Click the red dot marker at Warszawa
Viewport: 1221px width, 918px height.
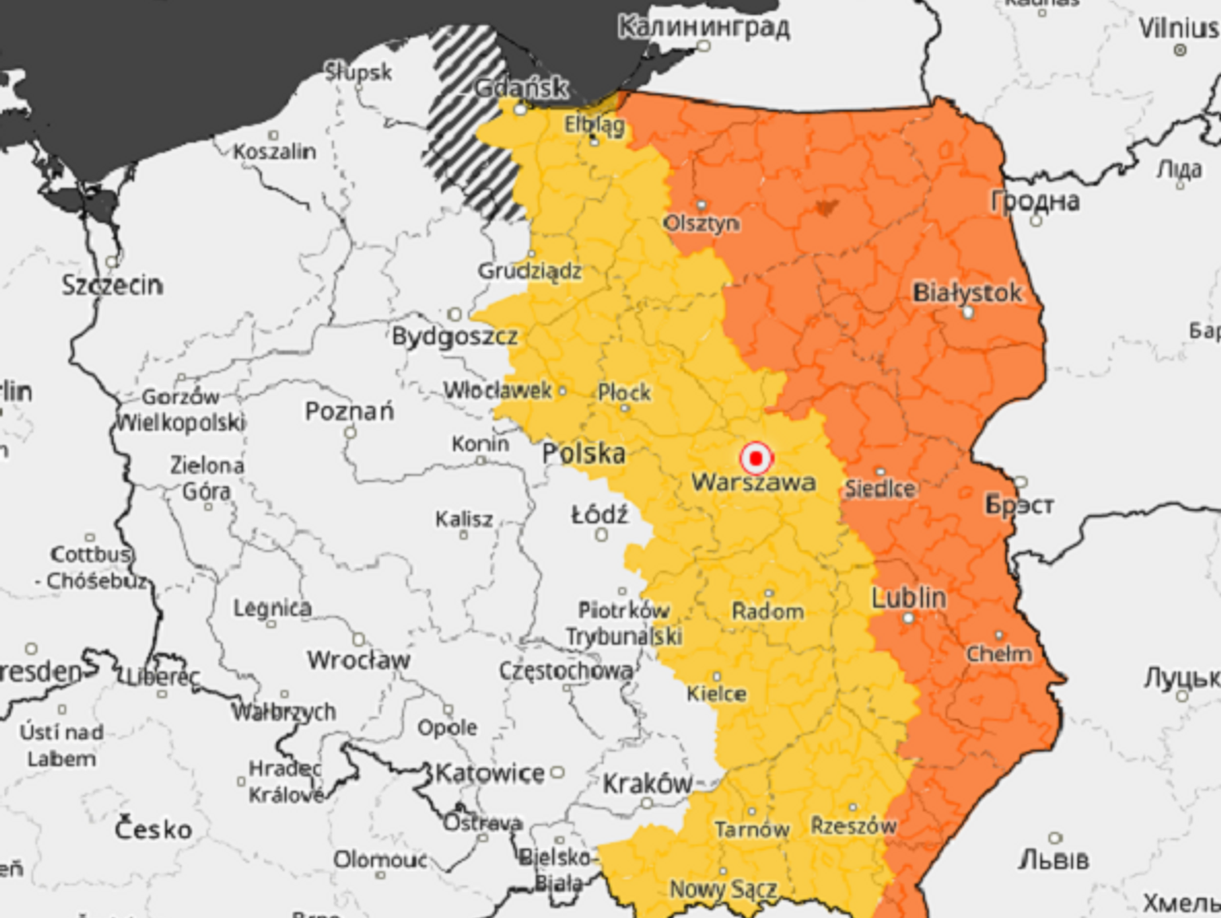tap(755, 459)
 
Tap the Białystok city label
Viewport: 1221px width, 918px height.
tap(966, 293)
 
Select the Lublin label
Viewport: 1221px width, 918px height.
tap(908, 597)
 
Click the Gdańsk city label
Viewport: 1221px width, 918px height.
tap(521, 88)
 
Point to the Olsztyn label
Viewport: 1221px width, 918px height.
tap(701, 223)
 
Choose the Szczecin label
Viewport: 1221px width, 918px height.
tap(113, 285)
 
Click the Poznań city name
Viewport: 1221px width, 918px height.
tap(350, 412)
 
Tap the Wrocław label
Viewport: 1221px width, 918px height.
tap(358, 660)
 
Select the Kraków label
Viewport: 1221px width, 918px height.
tap(647, 784)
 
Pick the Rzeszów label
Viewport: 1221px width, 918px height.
tap(853, 825)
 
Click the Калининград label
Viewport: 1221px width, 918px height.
tap(704, 27)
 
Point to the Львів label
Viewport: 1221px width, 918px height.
tap(1053, 860)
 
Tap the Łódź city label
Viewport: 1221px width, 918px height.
tap(599, 515)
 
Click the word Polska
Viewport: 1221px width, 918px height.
tap(583, 454)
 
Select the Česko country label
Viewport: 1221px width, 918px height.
tap(153, 829)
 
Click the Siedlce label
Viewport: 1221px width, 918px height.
tap(879, 488)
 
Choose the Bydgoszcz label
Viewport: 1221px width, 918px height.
tap(454, 337)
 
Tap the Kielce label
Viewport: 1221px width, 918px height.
tap(717, 694)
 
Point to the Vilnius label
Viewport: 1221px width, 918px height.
tap(1178, 29)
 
